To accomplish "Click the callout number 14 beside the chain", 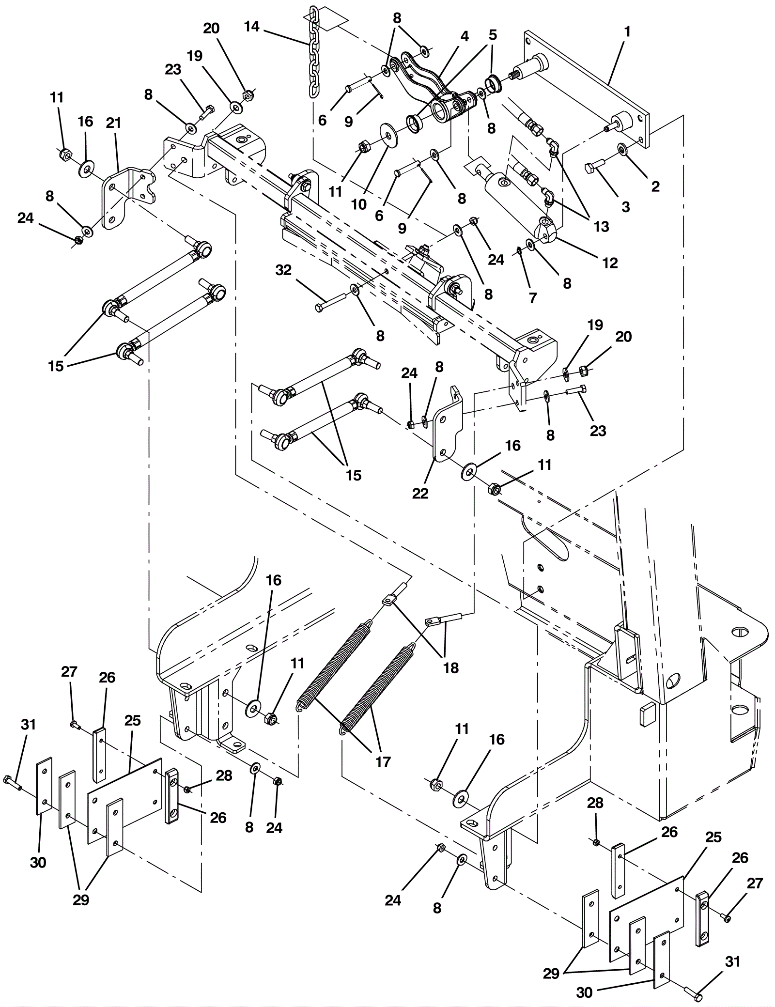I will coord(252,27).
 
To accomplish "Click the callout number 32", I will coord(283,270).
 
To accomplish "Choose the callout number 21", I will coord(113,124).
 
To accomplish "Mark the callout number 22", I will coord(420,493).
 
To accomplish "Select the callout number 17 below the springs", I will coord(382,762).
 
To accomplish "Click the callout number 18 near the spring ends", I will coord(451,667).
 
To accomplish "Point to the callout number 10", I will coord(358,204).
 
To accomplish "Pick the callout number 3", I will coord(625,207).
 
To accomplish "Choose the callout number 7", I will coord(533,297).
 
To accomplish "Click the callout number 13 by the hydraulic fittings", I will coord(601,226).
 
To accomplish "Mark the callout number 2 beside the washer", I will coord(655,186).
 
